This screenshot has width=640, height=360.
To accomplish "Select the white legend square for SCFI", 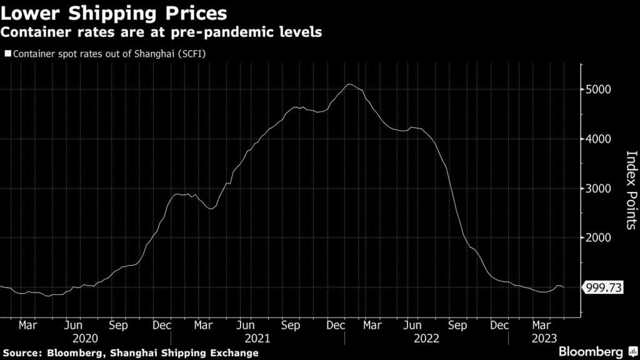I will (7, 54).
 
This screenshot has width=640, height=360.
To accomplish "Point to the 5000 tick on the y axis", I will (599, 89).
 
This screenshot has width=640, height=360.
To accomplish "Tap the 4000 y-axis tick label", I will (599, 139).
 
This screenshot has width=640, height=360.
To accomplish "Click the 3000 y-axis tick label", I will (599, 189).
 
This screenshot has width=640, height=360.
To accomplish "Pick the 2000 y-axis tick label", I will (599, 238).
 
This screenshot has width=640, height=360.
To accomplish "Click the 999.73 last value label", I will (602, 287).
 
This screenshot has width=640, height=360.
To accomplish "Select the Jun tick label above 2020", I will (73, 325).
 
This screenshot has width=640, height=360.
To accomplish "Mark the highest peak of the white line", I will (349, 84).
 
